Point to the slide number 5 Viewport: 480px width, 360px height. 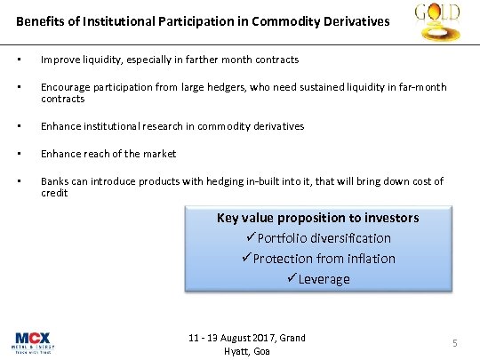click(454, 343)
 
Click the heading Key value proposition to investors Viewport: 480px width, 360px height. click(317, 218)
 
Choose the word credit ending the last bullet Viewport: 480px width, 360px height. click(54, 192)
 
